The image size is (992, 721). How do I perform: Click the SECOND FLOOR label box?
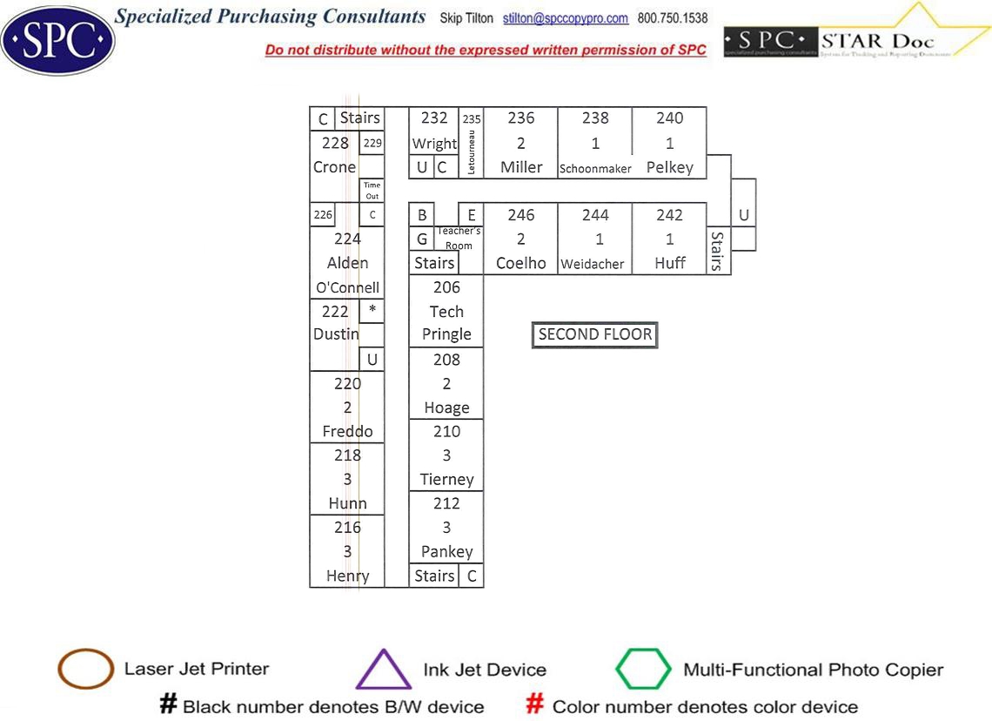pos(595,334)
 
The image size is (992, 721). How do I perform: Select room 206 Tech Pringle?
pos(446,311)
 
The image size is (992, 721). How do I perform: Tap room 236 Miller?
pos(520,143)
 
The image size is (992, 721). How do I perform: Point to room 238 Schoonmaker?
pos(595,143)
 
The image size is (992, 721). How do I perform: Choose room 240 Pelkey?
pos(669,143)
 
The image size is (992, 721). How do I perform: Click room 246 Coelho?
pos(520,239)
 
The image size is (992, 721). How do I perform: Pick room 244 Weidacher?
pos(595,239)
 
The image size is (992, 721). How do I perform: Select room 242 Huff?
pos(669,239)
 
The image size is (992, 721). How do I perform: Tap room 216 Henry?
pos(347,551)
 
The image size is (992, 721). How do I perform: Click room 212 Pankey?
pos(446,527)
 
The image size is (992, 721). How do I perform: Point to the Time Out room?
pos(372,191)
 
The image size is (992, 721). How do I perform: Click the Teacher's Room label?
pos(459,238)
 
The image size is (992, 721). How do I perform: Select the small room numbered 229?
pos(372,143)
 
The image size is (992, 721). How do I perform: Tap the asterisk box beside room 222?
pos(372,310)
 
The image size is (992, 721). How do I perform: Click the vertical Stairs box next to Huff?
pos(718,251)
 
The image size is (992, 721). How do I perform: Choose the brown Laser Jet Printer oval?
pos(85,670)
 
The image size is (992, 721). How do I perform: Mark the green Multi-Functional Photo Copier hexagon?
pos(643,670)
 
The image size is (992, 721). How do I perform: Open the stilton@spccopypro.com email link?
pos(566,18)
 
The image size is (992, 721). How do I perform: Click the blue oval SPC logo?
pos(57,40)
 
